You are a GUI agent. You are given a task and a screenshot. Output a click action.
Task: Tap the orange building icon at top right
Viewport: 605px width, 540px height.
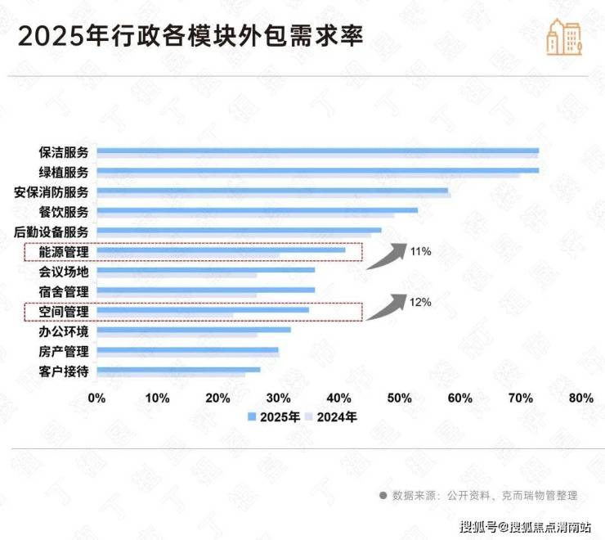click(x=564, y=36)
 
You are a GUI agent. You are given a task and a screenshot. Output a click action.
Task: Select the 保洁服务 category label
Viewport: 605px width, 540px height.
click(x=63, y=152)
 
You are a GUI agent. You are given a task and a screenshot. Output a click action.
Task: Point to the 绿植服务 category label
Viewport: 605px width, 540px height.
click(x=63, y=172)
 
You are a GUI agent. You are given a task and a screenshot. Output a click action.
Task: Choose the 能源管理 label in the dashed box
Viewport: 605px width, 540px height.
click(x=63, y=251)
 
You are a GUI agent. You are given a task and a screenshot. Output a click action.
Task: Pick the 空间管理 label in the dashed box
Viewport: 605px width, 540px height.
click(x=63, y=311)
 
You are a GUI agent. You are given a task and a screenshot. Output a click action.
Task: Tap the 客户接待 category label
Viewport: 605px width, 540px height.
click(x=63, y=371)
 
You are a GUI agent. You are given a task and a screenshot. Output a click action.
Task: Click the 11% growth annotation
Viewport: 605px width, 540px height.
click(x=420, y=251)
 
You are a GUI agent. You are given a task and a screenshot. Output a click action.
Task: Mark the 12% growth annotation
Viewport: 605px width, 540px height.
click(x=420, y=302)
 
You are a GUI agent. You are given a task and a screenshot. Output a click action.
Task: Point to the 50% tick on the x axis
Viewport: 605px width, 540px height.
click(x=399, y=398)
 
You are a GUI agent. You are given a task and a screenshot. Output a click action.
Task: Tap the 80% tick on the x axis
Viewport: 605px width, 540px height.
click(x=580, y=398)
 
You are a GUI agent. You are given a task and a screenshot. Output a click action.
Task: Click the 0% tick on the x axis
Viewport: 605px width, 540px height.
click(x=96, y=398)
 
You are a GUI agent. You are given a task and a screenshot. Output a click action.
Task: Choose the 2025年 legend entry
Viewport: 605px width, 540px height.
click(x=274, y=417)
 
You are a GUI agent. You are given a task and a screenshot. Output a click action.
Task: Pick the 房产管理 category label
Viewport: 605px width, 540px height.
click(x=63, y=351)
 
